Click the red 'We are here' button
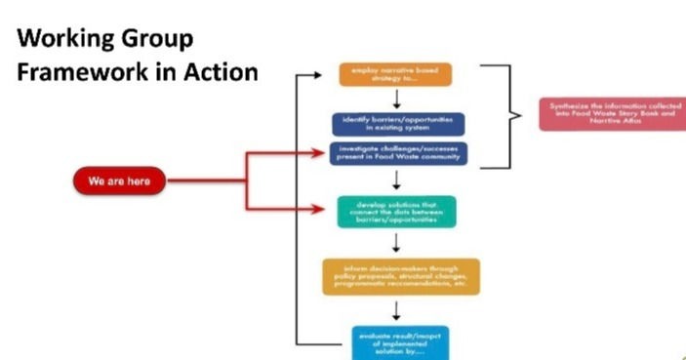coord(118,181)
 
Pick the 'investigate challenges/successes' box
coord(396,153)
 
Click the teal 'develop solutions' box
coord(395,212)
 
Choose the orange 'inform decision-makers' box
coord(400,276)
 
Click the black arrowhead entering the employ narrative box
coord(329,73)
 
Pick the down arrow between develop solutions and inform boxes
coord(395,244)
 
